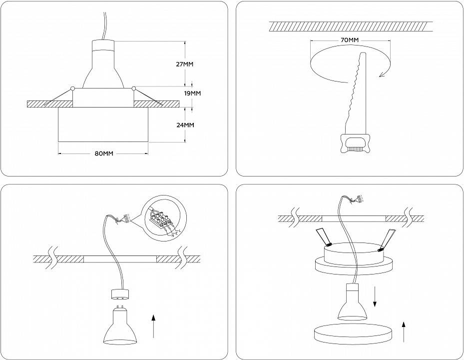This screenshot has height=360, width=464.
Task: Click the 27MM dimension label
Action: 185,64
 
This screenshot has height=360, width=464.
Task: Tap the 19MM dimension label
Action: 193,93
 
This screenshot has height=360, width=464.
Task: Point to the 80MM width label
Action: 103,153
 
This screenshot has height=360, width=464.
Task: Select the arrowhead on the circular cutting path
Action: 383,74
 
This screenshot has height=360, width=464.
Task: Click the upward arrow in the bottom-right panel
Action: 403,331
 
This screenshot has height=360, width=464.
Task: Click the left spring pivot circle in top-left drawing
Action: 73,88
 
